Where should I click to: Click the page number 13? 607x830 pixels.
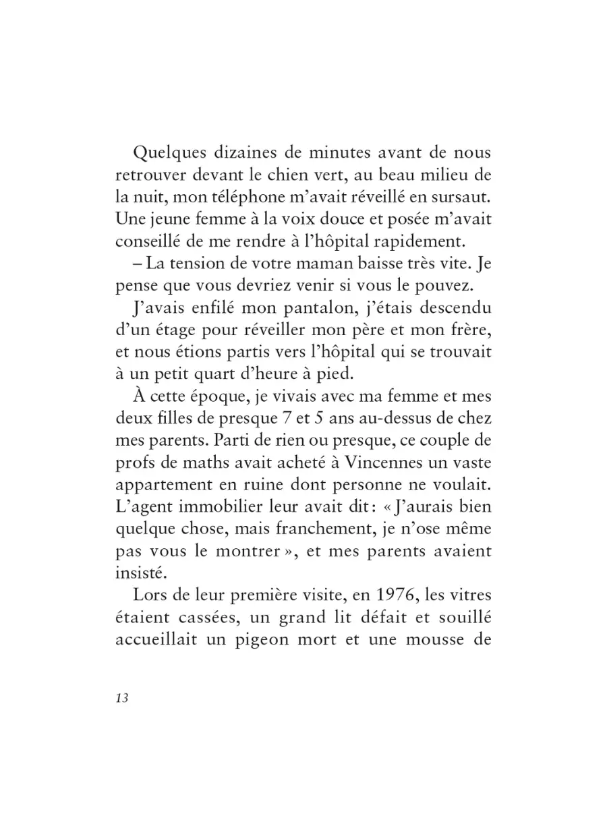[x=121, y=698]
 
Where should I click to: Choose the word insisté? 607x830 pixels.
[x=139, y=572]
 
